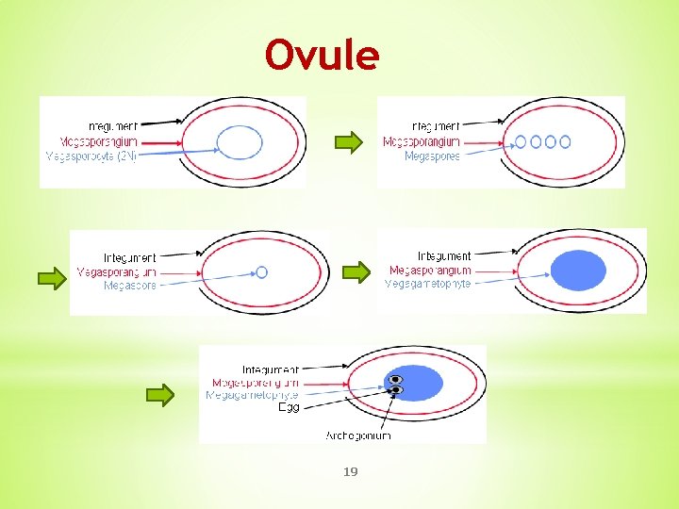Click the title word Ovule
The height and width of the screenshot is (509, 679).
(323, 56)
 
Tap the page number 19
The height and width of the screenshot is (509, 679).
(350, 471)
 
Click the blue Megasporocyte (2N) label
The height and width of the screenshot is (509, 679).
(91, 156)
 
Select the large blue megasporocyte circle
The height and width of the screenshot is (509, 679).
(240, 143)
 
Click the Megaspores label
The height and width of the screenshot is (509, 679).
(432, 156)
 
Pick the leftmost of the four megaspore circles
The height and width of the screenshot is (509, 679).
(521, 141)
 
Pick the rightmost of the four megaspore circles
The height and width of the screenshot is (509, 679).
(565, 141)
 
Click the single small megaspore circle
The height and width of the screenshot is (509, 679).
(262, 271)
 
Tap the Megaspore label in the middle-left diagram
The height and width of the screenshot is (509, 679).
(130, 285)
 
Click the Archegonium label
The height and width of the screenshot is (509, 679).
(358, 435)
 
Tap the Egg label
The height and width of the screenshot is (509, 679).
(289, 407)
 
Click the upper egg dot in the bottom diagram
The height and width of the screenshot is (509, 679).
(396, 379)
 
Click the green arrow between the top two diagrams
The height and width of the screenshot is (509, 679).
(349, 143)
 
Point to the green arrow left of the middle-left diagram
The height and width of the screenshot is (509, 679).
(51, 277)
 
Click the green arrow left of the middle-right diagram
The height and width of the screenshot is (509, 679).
(356, 272)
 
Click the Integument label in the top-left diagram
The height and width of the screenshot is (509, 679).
(113, 125)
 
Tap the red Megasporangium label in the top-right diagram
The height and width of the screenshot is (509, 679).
(422, 142)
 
